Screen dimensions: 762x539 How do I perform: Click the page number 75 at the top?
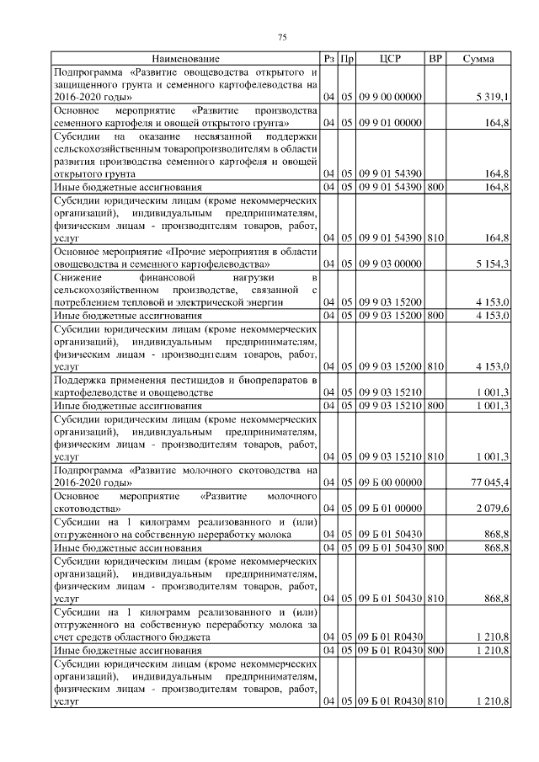[x=283, y=37]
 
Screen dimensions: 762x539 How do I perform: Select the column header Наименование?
[x=186, y=59]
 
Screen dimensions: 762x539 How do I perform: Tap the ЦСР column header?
[x=390, y=59]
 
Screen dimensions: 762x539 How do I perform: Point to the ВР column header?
[x=435, y=59]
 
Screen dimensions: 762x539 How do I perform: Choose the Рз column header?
[x=329, y=59]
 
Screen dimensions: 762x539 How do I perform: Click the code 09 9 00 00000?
[x=390, y=98]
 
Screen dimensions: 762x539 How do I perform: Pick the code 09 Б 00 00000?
[x=390, y=483]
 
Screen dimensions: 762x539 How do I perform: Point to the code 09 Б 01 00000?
[x=390, y=509]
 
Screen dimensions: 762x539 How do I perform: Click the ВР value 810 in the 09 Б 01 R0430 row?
[x=435, y=701]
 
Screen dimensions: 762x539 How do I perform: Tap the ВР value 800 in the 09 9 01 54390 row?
[x=435, y=186]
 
